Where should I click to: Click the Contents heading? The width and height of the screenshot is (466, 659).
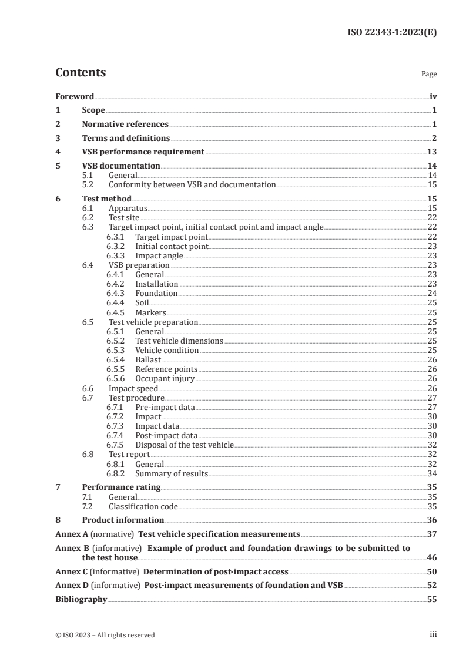[x=81, y=73]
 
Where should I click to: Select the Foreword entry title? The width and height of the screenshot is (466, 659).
[x=75, y=97]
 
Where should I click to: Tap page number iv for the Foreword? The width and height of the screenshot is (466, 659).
[x=433, y=97]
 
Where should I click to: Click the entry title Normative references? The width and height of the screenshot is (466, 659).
[x=125, y=124]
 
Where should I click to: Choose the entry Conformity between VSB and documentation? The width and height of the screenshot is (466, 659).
[x=192, y=184]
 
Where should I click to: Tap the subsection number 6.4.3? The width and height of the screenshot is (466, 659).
[x=115, y=293]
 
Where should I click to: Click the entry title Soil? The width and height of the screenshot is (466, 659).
[x=142, y=302]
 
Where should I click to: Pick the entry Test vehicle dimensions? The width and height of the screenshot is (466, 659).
[x=179, y=341]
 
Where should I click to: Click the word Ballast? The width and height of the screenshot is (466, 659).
[x=148, y=359]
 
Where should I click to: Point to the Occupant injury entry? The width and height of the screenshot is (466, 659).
[x=165, y=379]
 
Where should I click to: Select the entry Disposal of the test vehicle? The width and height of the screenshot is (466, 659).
[x=185, y=445]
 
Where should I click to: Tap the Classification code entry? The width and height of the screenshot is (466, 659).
[x=143, y=506]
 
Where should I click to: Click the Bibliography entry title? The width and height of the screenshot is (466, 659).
[x=81, y=599]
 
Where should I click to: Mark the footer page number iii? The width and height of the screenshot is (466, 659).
[x=433, y=634]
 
